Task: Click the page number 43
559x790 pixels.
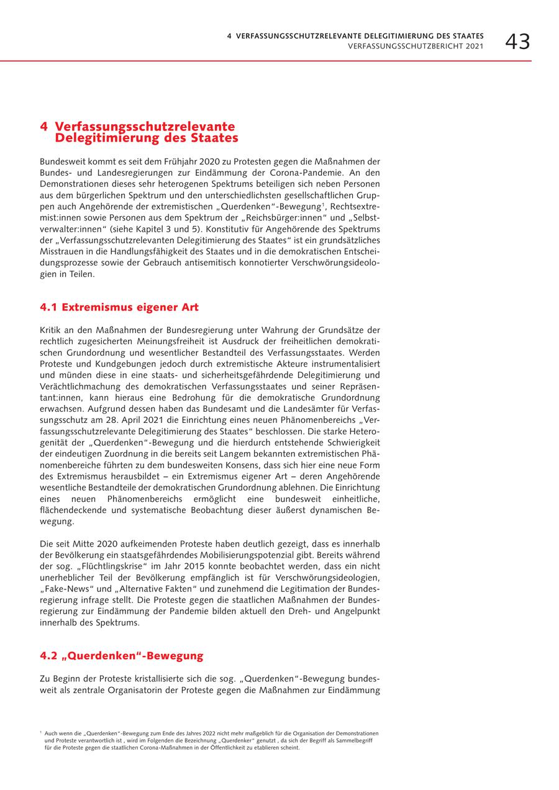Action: [517, 42]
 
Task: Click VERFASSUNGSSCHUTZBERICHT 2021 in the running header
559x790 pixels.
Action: [416, 47]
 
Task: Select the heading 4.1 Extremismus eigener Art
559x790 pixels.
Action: [119, 307]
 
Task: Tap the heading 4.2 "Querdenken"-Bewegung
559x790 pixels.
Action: [122, 656]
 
